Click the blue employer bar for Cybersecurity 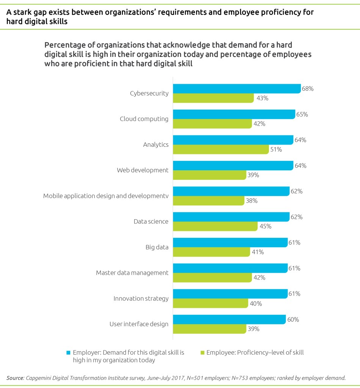237,89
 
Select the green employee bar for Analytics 221,149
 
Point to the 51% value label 276,149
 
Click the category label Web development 142,170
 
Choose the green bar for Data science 215,226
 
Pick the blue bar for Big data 230,243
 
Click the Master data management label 132,272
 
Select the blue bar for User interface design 229,319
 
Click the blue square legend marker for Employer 68,353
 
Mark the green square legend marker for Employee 202,353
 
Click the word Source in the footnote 15,378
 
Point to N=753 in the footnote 223,378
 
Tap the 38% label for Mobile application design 252,201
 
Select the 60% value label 293,319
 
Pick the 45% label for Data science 265,226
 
